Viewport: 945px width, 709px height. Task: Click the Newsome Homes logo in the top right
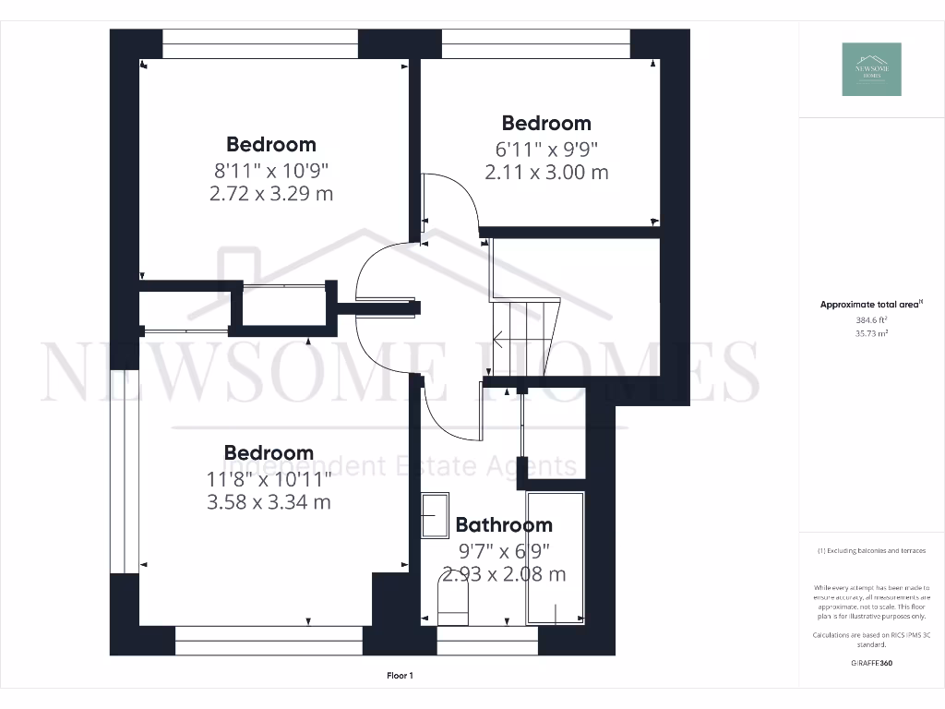871,69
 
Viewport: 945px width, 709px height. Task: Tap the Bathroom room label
504,525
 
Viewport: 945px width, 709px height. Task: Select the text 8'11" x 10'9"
270,170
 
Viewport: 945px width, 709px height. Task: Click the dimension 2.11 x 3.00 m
546,172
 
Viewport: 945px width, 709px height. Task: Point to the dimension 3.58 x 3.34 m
269,502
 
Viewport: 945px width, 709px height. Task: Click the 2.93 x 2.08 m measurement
504,574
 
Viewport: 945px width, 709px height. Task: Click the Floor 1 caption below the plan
400,676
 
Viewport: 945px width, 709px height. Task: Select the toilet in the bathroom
452,604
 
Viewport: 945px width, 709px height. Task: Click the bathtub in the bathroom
556,559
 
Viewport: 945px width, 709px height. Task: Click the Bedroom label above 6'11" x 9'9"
546,123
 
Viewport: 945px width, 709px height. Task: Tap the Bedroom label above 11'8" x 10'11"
269,453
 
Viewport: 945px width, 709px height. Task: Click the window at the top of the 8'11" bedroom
260,43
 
